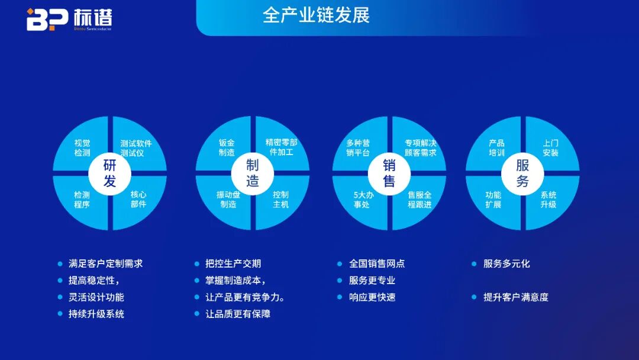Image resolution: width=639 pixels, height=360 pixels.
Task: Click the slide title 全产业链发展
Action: coord(316,15)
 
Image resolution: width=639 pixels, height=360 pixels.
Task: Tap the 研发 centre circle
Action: coord(109,173)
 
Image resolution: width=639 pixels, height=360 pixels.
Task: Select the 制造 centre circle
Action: coord(253,173)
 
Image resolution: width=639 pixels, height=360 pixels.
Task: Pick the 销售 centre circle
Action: coord(389,173)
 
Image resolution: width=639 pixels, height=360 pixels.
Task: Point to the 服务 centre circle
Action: coord(522,173)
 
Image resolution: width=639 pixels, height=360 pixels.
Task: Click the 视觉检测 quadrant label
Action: coord(82,148)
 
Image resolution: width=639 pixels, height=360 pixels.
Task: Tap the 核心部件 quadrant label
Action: coord(138,199)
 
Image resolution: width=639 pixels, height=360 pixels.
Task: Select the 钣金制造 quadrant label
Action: coord(227,147)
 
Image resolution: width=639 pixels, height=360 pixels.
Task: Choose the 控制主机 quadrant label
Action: coord(280,200)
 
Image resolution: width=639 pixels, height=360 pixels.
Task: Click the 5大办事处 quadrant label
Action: coord(362,200)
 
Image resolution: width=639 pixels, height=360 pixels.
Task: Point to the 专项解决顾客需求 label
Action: coord(420,147)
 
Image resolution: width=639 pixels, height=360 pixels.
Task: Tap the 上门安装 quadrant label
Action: coord(550,147)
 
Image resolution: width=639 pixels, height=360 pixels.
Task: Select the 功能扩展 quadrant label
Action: coord(493,200)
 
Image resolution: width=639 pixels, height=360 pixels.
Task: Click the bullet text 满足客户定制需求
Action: coord(105,263)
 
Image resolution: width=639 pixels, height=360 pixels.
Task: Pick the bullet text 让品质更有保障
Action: coord(238,314)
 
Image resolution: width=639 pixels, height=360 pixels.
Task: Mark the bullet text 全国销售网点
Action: coord(377,263)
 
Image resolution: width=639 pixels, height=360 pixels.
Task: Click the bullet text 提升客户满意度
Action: coord(516,297)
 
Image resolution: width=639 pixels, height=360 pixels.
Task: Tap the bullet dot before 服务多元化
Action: coord(474,263)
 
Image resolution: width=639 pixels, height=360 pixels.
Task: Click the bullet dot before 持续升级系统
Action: coord(60,314)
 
